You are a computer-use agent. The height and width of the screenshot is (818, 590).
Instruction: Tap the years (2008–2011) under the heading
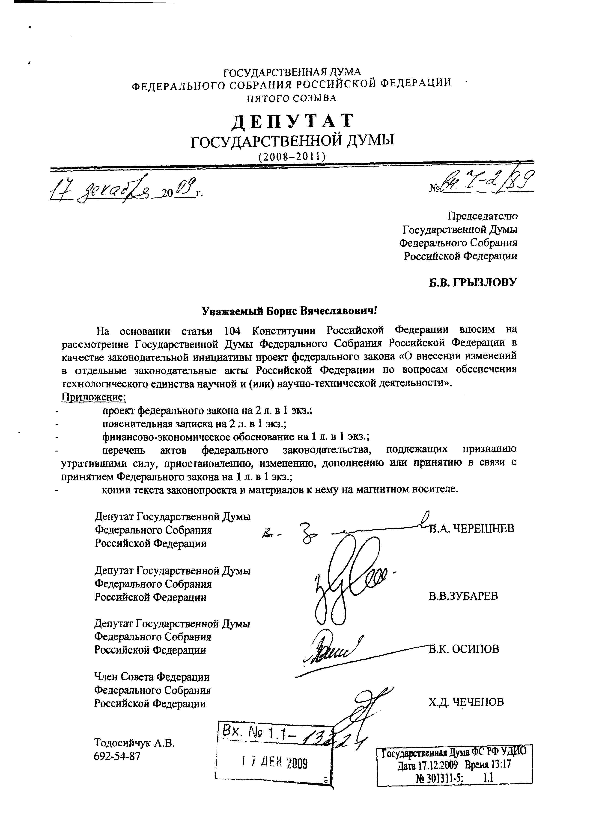point(292,156)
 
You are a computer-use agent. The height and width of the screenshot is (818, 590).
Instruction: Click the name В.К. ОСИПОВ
point(464,649)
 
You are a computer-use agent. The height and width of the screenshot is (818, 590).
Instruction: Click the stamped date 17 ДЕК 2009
point(274,763)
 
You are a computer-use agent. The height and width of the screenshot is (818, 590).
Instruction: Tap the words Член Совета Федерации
point(152,677)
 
